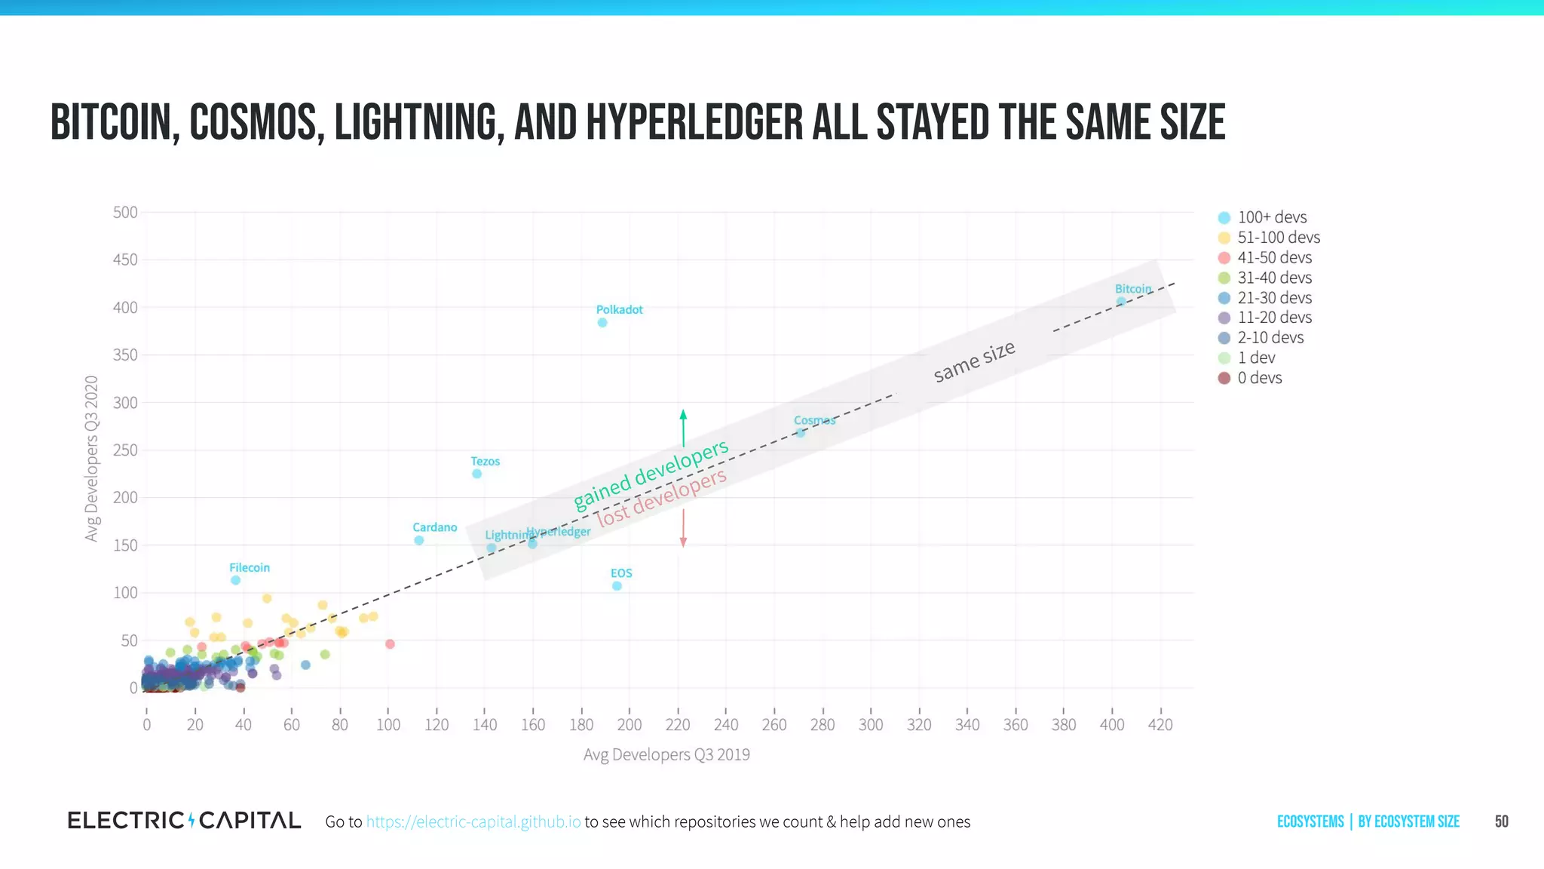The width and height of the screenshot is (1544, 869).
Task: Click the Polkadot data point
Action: pos(602,323)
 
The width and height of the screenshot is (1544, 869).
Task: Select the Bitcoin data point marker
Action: pos(1121,302)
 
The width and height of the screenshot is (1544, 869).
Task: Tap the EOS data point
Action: pos(617,586)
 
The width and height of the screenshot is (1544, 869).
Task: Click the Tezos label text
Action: pos(485,461)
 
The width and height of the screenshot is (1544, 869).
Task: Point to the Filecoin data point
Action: pos(235,580)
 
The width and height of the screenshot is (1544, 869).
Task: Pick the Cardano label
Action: pos(434,527)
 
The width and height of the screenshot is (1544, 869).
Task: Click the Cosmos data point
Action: pos(801,433)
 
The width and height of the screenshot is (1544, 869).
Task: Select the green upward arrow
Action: pos(683,428)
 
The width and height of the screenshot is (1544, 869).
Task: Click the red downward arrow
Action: pos(683,528)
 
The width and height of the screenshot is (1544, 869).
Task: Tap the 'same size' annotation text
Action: pos(974,361)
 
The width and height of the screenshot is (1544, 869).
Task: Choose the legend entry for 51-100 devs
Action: pos(1279,238)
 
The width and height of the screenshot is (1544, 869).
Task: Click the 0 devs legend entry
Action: pos(1259,378)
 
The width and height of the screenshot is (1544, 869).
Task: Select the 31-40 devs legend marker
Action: pos(1224,278)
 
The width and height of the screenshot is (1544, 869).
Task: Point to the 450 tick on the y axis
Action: pos(125,259)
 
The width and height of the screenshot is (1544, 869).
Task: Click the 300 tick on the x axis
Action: pos(871,725)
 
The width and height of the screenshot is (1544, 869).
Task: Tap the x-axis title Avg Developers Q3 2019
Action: pos(666,754)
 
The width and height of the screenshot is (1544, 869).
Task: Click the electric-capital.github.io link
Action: pos(473,821)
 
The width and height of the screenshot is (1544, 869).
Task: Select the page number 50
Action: pos(1501,821)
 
